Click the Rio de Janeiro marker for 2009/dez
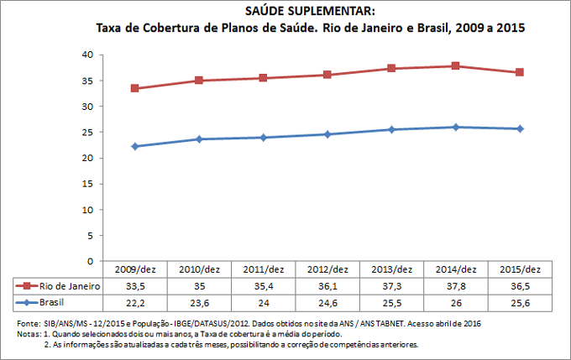(134, 88)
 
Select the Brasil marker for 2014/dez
(456, 127)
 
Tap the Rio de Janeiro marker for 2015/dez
(520, 72)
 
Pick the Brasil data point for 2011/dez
(263, 137)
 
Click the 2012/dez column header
(327, 269)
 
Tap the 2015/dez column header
(520, 269)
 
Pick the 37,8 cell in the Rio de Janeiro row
(456, 285)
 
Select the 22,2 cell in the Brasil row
(134, 301)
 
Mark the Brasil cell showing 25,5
(391, 301)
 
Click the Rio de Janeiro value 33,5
(134, 285)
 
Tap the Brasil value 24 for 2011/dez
(263, 301)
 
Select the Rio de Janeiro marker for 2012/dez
(327, 75)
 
